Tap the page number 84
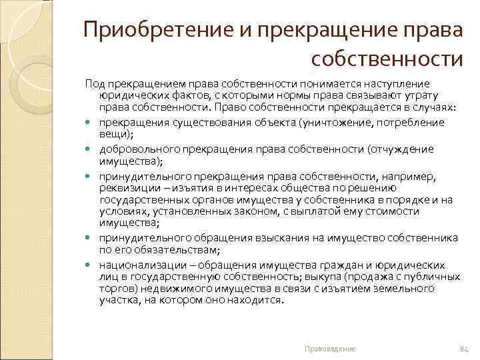pyautogui.click(x=465, y=349)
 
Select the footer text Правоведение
pyautogui.click(x=330, y=349)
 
